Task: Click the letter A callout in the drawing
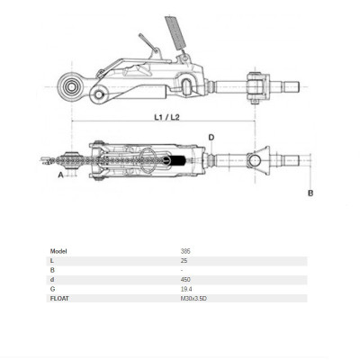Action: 60,176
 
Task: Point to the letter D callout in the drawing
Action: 212,138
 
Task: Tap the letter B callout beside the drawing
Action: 310,193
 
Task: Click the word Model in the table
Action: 59,251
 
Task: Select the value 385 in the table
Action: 185,251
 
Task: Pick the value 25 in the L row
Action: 184,261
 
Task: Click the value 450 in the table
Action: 185,279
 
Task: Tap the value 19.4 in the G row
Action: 186,288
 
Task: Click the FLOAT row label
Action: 60,298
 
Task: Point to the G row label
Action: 53,288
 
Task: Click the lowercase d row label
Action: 53,279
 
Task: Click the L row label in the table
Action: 53,261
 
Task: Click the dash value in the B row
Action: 182,270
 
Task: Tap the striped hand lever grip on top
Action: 175,35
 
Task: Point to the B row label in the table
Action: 53,270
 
